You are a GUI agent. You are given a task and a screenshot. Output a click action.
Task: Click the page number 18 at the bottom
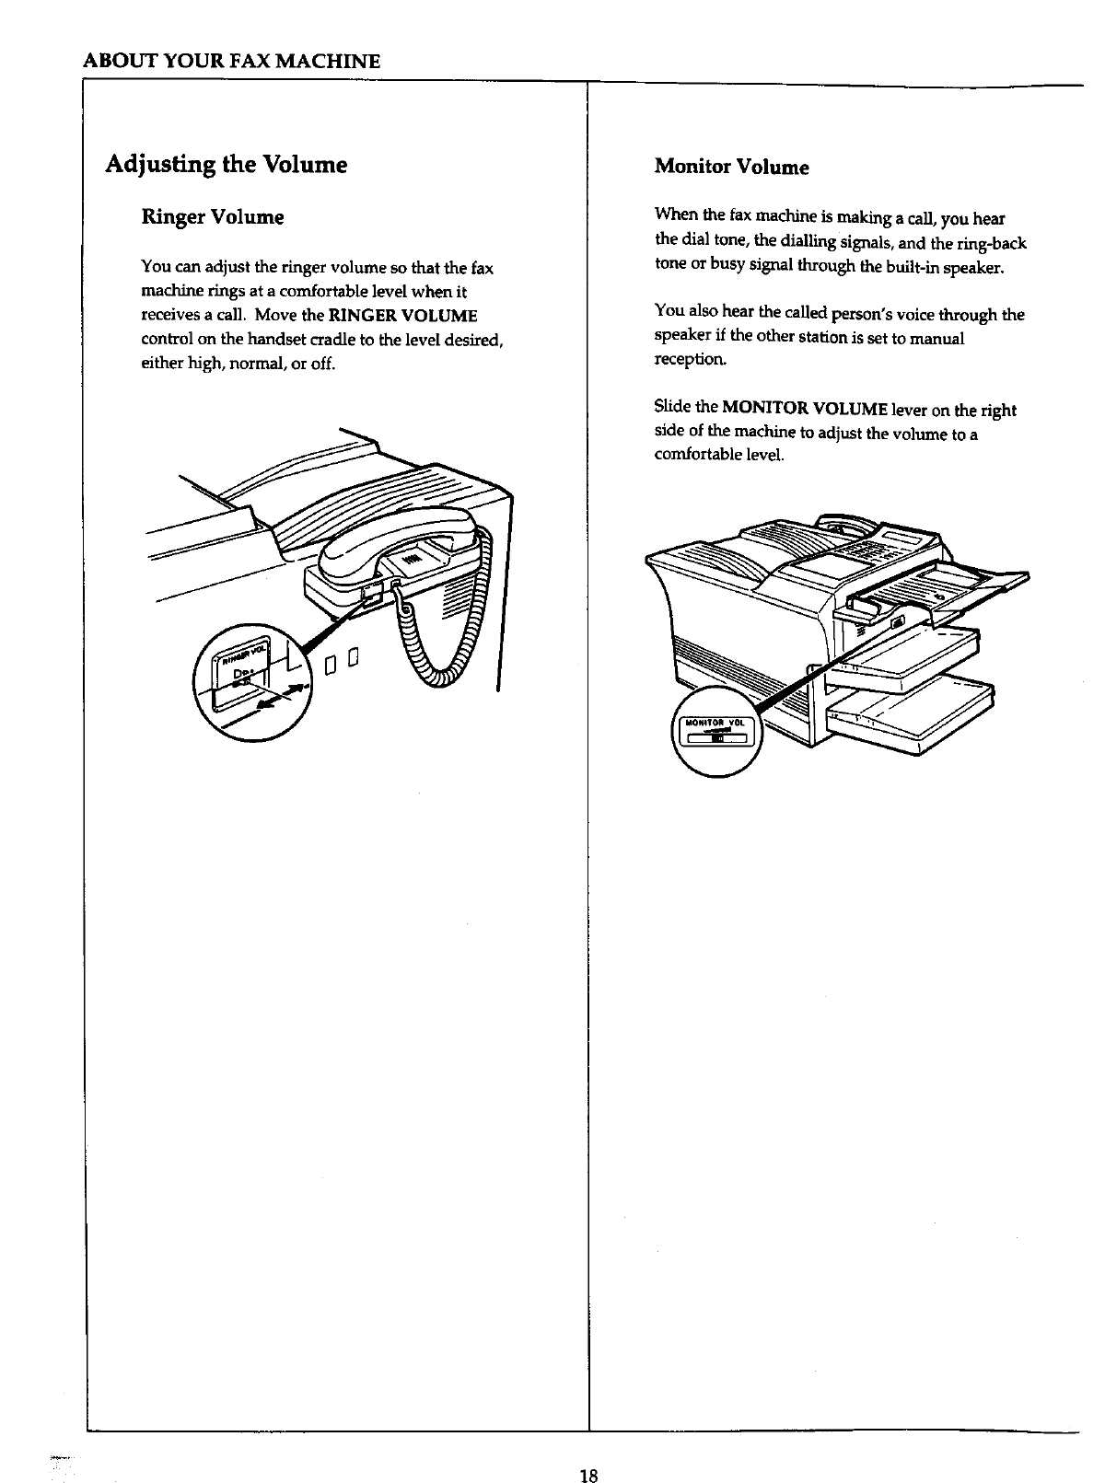coord(589,1451)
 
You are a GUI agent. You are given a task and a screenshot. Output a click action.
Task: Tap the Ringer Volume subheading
coord(212,217)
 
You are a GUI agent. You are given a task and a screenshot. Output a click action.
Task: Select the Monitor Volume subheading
coord(731,167)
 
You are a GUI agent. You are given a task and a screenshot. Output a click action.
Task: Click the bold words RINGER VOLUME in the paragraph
coord(403,316)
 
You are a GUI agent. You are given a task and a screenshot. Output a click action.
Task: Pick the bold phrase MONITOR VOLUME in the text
coord(805,409)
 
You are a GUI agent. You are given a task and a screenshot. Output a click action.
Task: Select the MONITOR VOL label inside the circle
coord(715,722)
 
